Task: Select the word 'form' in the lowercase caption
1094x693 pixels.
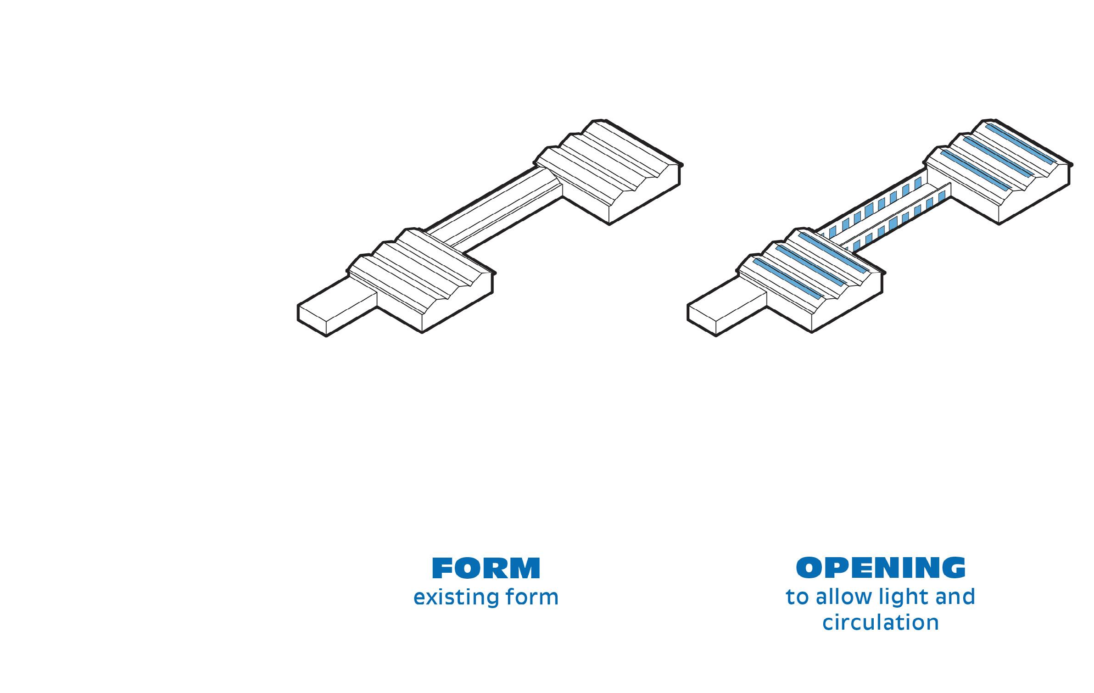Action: (x=532, y=598)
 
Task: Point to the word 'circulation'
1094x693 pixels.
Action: (x=881, y=623)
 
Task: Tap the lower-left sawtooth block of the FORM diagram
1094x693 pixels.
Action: (x=418, y=275)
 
